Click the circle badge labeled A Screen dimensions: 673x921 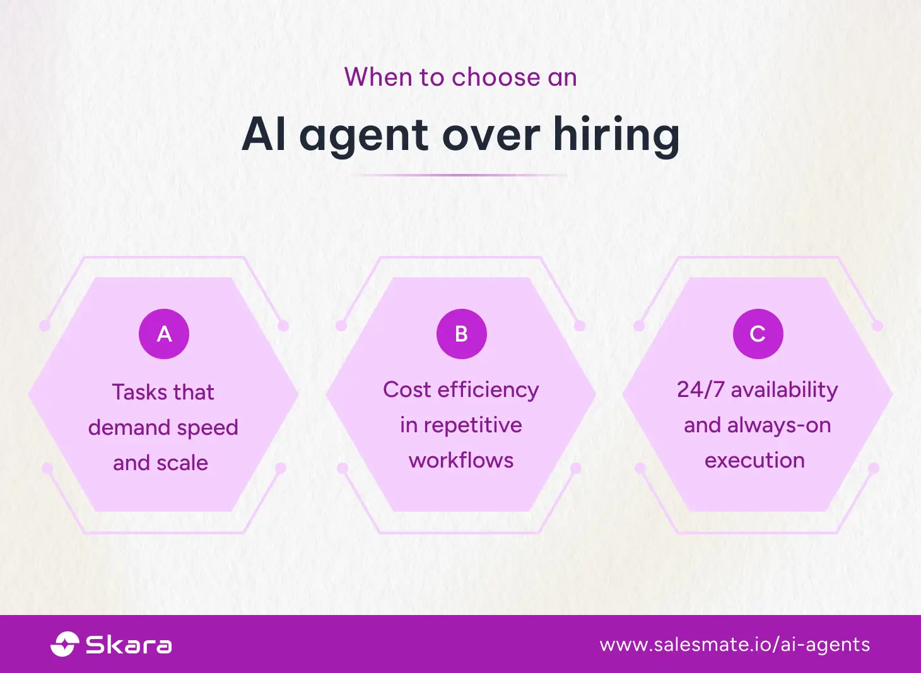[164, 334]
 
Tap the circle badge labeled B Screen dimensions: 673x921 [461, 334]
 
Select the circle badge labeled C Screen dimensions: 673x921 [758, 334]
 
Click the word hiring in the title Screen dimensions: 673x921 [616, 135]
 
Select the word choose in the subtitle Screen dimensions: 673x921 [496, 78]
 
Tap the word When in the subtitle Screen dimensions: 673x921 [377, 78]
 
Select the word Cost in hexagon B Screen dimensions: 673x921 [406, 389]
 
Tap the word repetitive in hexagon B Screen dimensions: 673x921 [472, 425]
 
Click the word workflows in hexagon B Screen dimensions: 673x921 [461, 461]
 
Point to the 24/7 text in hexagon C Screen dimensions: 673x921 [700, 389]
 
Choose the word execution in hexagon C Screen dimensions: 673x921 [754, 461]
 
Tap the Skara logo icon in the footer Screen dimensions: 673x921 [64, 644]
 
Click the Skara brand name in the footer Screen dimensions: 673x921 [129, 645]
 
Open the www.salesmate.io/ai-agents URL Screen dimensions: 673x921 [735, 645]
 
